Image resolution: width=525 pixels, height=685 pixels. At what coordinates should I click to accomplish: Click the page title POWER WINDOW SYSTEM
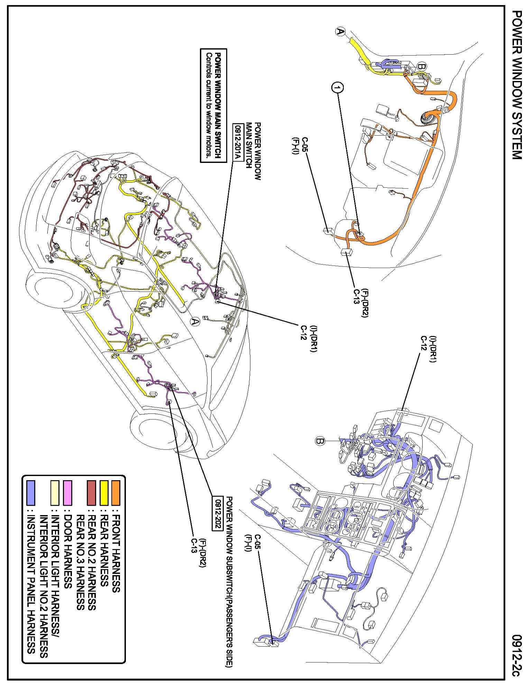pyautogui.click(x=516, y=85)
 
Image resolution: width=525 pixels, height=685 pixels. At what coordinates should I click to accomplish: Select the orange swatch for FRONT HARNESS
pyautogui.click(x=116, y=493)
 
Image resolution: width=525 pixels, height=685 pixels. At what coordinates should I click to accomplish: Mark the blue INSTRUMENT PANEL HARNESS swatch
pyautogui.click(x=31, y=493)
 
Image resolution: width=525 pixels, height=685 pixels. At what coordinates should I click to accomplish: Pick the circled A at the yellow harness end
pyautogui.click(x=340, y=32)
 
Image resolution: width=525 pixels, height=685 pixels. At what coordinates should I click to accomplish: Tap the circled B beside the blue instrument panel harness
pyautogui.click(x=320, y=441)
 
